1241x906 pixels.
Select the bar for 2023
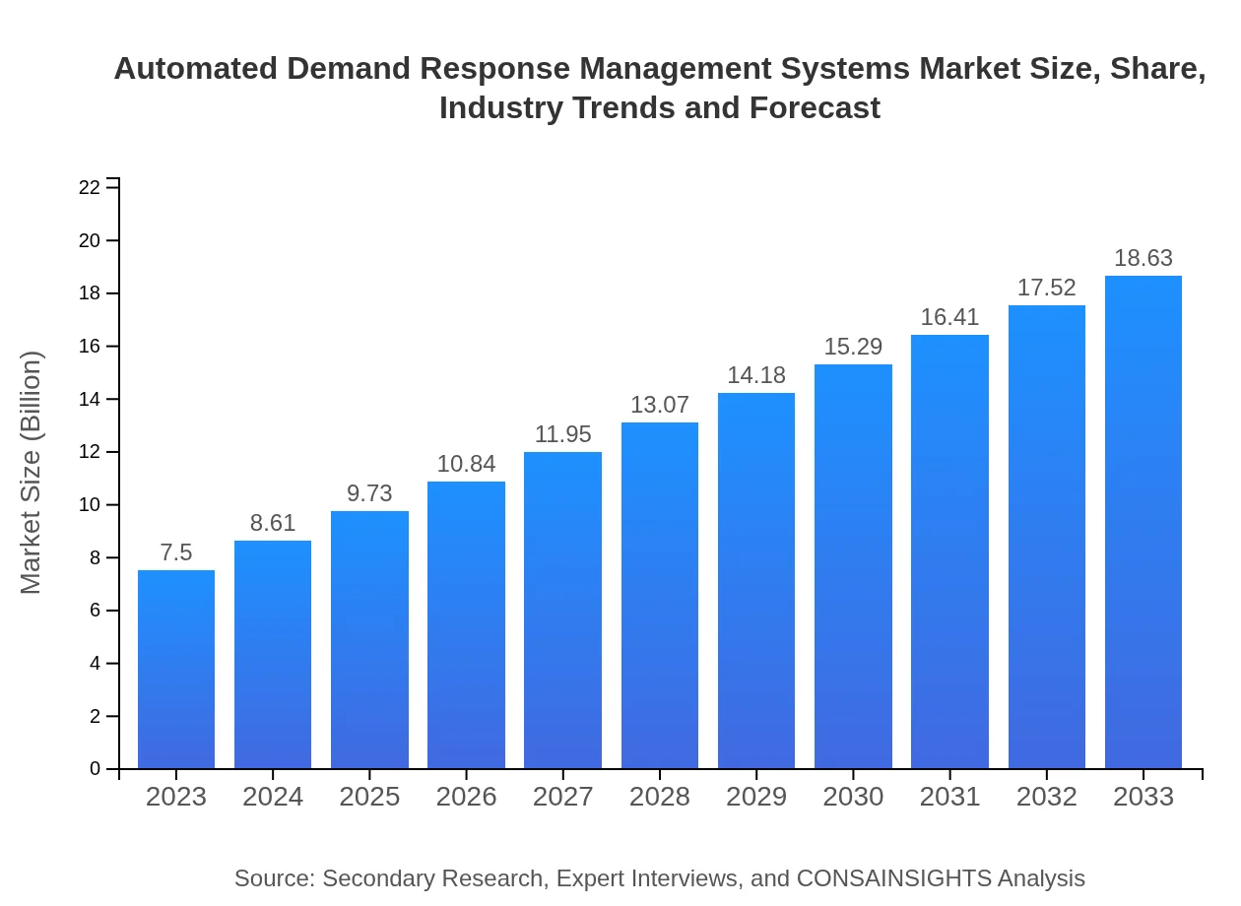point(176,670)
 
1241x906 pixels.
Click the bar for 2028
point(660,596)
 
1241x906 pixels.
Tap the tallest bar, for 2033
point(1143,522)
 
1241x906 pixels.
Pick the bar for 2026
point(466,625)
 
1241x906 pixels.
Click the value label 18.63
point(1143,258)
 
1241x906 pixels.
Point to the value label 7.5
point(176,552)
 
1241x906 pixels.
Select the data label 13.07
point(660,405)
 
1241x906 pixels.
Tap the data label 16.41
point(949,317)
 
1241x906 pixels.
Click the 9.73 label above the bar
point(369,493)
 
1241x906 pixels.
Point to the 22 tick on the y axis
point(90,187)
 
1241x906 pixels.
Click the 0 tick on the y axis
point(96,769)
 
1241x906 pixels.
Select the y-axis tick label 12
point(90,452)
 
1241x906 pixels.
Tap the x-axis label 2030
point(853,797)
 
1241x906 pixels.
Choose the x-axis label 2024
point(273,797)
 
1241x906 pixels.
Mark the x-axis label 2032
point(1046,797)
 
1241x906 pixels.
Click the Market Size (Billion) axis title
point(32,473)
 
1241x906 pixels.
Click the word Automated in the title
point(196,69)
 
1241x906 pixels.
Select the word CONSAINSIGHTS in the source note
point(893,878)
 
